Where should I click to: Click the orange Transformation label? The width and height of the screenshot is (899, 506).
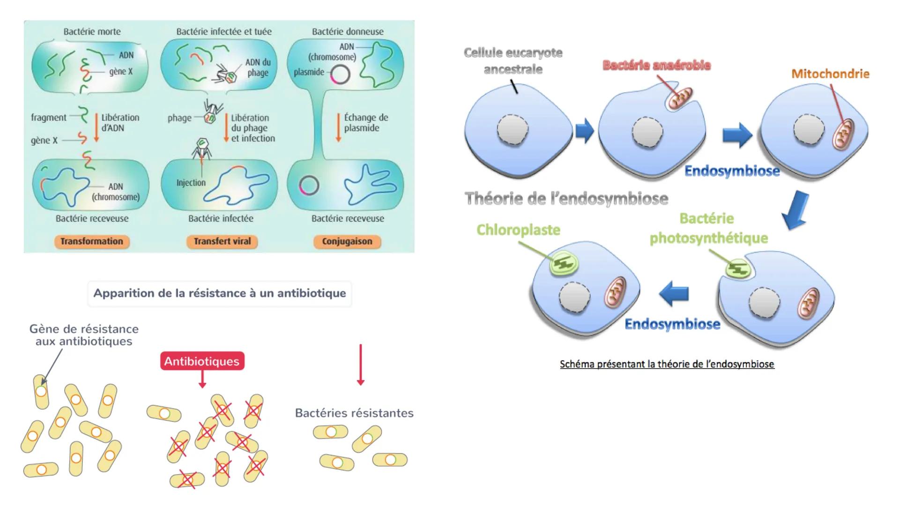pyautogui.click(x=91, y=241)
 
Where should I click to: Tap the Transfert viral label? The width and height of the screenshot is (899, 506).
pyautogui.click(x=222, y=241)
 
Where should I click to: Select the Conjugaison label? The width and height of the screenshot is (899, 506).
pyautogui.click(x=347, y=241)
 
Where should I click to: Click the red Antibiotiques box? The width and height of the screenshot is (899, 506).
pyautogui.click(x=202, y=361)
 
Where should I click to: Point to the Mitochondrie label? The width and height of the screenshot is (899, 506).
pyautogui.click(x=830, y=74)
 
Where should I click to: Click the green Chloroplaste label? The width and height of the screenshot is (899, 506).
pyautogui.click(x=518, y=230)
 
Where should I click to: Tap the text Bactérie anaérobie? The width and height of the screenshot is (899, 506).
pyautogui.click(x=656, y=65)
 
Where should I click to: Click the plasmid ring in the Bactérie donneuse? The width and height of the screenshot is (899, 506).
pyautogui.click(x=341, y=74)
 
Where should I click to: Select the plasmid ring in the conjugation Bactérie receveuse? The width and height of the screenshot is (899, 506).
pyautogui.click(x=309, y=186)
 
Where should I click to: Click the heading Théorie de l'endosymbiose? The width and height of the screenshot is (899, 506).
pyautogui.click(x=566, y=199)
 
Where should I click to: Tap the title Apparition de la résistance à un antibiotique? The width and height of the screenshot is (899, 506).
pyautogui.click(x=220, y=293)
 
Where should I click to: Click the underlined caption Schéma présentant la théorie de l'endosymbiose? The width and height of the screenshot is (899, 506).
pyautogui.click(x=667, y=364)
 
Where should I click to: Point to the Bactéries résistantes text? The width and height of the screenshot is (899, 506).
pyautogui.click(x=354, y=413)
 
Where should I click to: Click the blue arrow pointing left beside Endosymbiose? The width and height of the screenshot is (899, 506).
pyautogui.click(x=674, y=294)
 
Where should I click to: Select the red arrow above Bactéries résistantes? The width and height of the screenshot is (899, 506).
pyautogui.click(x=360, y=365)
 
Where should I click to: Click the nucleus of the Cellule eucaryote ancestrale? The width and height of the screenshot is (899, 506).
pyautogui.click(x=513, y=130)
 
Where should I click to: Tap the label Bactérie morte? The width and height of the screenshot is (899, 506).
pyautogui.click(x=92, y=31)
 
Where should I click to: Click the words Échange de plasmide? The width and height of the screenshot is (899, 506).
pyautogui.click(x=365, y=123)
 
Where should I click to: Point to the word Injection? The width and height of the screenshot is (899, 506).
pyautogui.click(x=191, y=183)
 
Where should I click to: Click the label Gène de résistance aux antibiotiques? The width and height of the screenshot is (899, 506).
pyautogui.click(x=84, y=335)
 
